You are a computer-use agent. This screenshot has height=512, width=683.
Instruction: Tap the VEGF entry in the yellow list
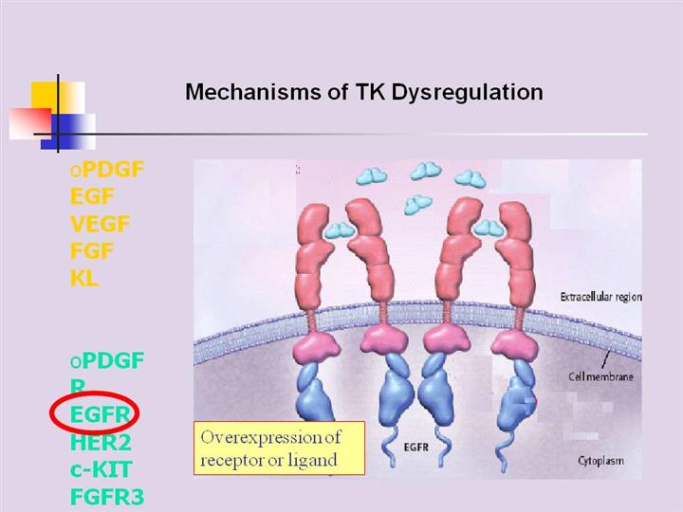tap(100, 225)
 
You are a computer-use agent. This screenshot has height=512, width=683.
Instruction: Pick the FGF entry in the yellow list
tap(91, 252)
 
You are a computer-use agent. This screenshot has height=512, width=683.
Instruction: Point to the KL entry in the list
tap(84, 280)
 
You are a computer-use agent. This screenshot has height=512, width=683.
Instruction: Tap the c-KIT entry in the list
tap(101, 468)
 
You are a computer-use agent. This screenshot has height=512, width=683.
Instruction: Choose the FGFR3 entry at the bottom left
tap(107, 496)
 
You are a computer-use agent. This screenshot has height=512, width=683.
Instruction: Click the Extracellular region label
tap(600, 297)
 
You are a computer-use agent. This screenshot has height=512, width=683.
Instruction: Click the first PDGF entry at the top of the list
tap(111, 171)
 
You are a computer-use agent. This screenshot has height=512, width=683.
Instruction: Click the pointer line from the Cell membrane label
tap(604, 359)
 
